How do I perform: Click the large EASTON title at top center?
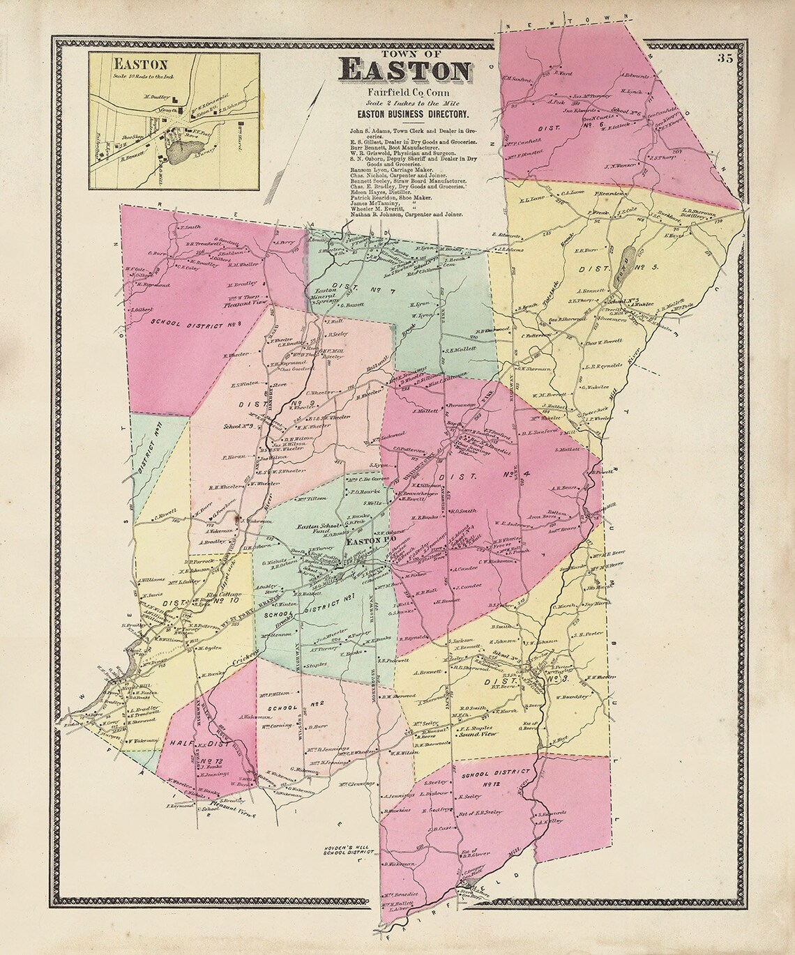(404, 70)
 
